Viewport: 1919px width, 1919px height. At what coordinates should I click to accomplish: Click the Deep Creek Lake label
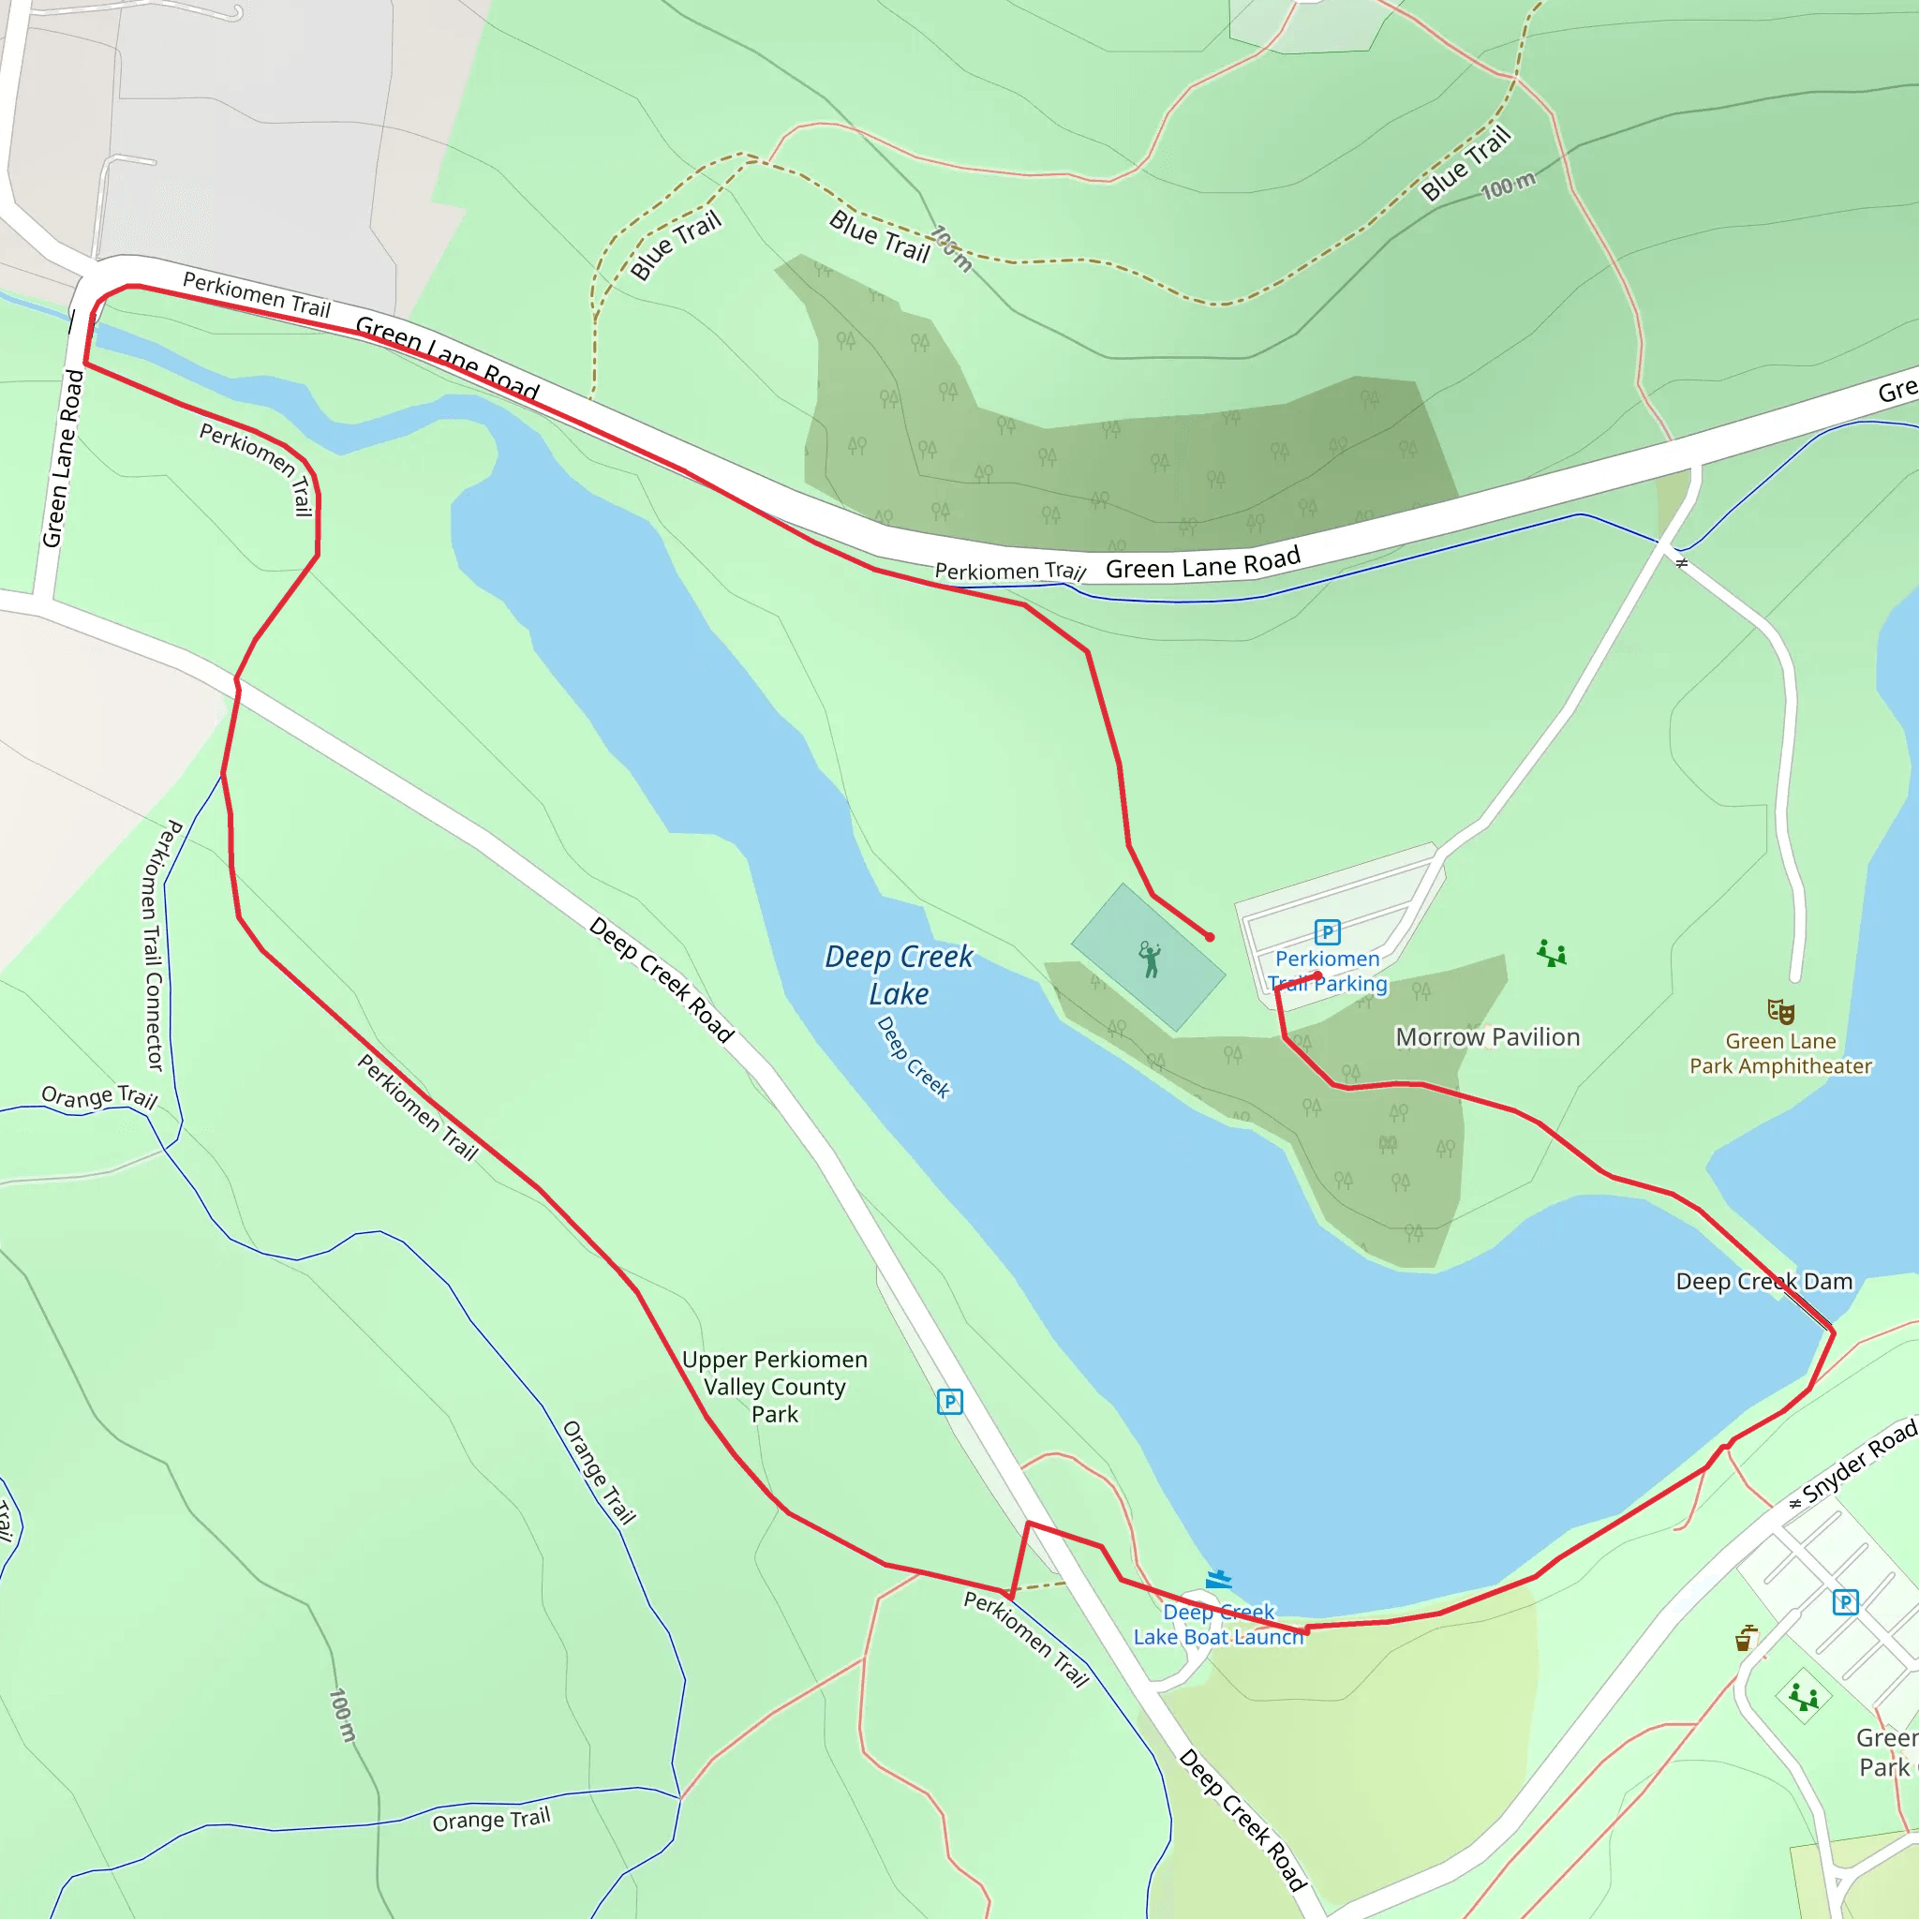(x=898, y=974)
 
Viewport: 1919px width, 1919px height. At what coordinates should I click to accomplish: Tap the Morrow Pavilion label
(x=1487, y=1037)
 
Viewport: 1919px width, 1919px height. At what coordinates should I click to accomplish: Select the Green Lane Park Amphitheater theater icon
(x=1780, y=1012)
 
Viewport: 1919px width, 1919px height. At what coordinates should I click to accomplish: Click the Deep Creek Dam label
(x=1763, y=1281)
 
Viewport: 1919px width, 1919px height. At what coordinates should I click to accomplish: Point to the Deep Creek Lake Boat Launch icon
(x=1219, y=1579)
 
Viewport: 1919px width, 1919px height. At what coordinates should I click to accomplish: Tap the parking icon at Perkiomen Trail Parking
(x=1327, y=931)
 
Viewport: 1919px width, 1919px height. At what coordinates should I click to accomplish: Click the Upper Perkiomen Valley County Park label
(x=775, y=1387)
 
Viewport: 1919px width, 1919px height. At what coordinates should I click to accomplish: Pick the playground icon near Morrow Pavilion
(x=1552, y=954)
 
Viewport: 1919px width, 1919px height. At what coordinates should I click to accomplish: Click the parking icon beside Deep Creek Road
(x=949, y=1402)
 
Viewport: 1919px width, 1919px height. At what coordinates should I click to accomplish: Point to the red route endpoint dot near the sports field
(x=1210, y=937)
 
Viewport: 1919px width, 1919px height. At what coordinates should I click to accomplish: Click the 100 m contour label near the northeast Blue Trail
(x=1507, y=186)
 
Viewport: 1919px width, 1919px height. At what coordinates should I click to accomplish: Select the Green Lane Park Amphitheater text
(x=1780, y=1054)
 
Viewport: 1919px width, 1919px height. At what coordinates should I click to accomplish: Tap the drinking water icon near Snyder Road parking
(x=1745, y=1638)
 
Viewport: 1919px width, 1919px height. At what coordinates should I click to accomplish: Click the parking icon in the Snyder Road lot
(x=1844, y=1602)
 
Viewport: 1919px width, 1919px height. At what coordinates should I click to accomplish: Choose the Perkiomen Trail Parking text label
(x=1327, y=972)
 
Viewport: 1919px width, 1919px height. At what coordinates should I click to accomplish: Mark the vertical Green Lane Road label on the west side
(x=62, y=459)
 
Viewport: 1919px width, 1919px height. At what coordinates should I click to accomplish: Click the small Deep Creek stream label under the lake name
(x=913, y=1057)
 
